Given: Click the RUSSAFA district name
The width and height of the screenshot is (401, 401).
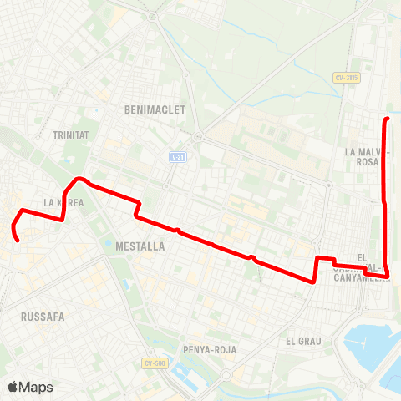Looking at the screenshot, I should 43,317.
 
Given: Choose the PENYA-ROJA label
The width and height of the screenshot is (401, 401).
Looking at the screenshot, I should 208,349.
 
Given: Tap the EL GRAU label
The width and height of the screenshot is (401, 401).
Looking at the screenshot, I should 303,341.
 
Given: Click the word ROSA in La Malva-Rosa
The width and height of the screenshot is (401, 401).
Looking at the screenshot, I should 368,163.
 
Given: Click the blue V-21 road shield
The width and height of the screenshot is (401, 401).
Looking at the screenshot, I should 177,157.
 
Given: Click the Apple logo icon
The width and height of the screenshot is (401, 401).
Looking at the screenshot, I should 13,387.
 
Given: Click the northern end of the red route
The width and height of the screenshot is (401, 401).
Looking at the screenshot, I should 387,121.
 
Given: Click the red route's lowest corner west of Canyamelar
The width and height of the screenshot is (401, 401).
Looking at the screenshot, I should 314,282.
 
